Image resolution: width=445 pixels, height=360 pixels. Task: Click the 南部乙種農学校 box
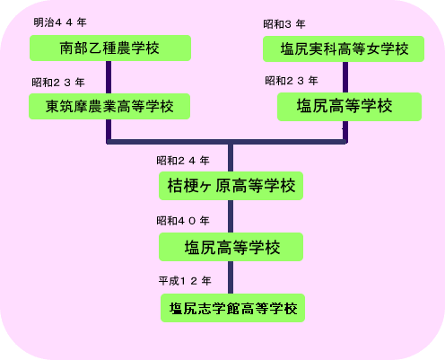point(110,48)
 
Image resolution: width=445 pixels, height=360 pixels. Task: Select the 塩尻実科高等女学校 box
point(344,48)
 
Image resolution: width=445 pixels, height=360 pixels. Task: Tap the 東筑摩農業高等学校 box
point(109,106)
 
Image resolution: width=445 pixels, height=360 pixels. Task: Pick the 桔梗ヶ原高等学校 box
point(231,186)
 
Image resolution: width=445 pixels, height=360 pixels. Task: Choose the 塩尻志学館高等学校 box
point(232,308)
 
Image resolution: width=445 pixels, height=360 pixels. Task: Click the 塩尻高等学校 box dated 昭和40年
point(231,247)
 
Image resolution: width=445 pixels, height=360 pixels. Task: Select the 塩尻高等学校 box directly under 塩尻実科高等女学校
point(350,107)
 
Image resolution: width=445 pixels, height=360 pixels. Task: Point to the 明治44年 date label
point(60,22)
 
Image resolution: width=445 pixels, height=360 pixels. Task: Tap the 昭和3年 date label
point(284,24)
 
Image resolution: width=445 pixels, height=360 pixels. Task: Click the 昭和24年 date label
point(183,161)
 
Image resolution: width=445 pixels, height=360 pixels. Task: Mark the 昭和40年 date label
point(183,221)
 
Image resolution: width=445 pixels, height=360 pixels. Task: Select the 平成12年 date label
point(185,281)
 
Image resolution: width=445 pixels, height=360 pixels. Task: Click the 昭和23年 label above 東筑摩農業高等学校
point(58,83)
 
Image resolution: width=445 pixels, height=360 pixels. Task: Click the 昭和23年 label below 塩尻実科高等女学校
point(292,81)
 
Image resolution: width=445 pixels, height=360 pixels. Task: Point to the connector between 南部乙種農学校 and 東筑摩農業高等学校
point(109,77)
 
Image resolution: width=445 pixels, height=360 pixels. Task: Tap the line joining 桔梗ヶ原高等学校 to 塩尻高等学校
point(231,216)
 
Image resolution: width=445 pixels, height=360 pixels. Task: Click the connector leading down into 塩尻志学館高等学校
point(231,277)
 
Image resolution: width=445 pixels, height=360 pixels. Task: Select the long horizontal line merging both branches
point(227,142)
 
